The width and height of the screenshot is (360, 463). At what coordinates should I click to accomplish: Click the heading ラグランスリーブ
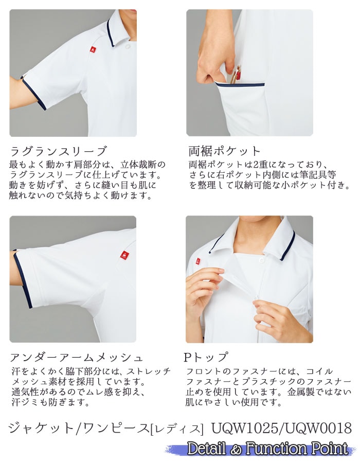(58, 151)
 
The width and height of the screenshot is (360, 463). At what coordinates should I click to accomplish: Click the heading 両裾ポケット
(225, 151)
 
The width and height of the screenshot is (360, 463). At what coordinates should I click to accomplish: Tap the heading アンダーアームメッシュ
(77, 357)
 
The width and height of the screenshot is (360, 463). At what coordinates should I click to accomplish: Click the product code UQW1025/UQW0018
(281, 428)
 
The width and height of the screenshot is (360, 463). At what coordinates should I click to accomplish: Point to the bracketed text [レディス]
(176, 429)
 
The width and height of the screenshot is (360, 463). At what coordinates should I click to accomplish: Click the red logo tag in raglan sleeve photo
(92, 49)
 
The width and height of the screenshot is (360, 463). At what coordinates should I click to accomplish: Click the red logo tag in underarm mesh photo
(123, 254)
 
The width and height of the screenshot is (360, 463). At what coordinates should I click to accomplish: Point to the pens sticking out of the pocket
(236, 75)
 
